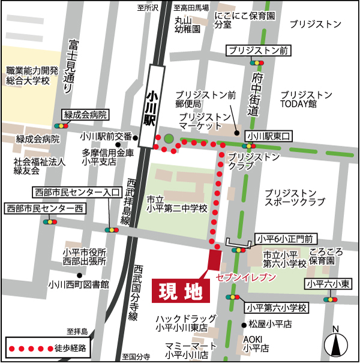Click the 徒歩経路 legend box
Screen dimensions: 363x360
pyautogui.click(x=50, y=347)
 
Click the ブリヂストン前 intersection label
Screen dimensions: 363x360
pyautogui.click(x=259, y=50)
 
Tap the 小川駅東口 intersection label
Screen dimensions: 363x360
pyautogui.click(x=268, y=136)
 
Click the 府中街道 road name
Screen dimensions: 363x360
pyautogui.click(x=257, y=94)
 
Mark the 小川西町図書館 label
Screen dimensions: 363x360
pyautogui.click(x=79, y=284)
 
